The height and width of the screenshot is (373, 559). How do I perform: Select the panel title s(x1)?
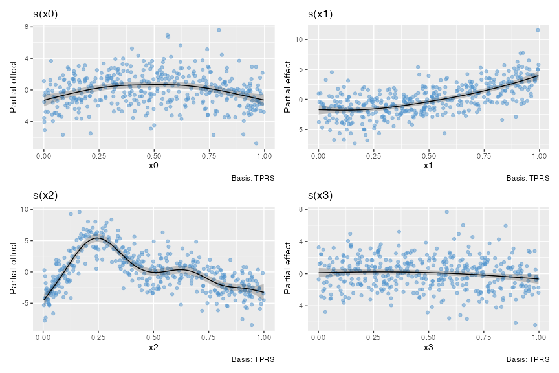point(320,14)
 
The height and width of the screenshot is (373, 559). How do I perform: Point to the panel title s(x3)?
point(320,196)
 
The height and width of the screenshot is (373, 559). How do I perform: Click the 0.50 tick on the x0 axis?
point(154,156)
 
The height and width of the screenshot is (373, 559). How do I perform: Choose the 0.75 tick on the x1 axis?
point(483,156)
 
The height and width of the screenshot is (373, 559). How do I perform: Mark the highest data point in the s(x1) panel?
point(538,30)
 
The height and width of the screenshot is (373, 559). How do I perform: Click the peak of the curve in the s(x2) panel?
point(98,238)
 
